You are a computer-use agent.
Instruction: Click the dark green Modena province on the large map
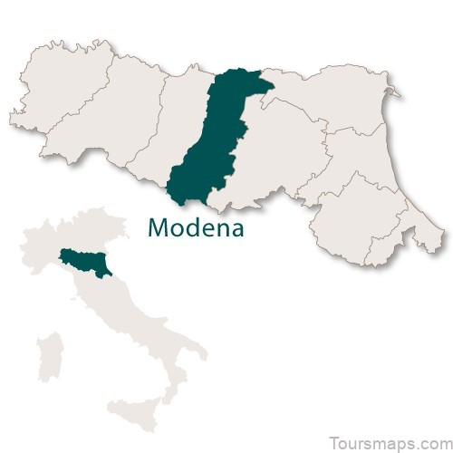coord(217,145)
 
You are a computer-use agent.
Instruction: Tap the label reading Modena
coord(195,227)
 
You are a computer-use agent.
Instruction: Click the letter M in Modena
coord(158,227)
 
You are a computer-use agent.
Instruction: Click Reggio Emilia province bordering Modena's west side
coord(172,127)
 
